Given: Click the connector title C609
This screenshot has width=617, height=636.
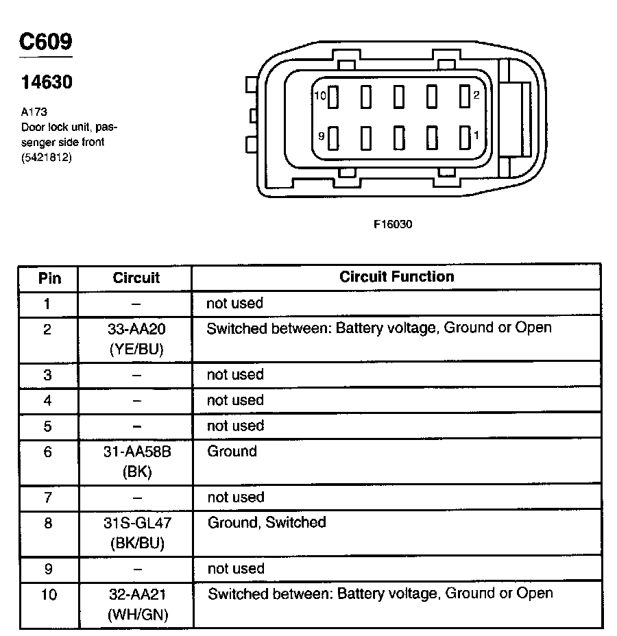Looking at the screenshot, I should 45,42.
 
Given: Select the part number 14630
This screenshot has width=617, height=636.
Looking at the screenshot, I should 47,82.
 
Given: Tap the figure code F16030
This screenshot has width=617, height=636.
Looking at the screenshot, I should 393,224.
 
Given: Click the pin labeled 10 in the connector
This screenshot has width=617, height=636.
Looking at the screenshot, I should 333,97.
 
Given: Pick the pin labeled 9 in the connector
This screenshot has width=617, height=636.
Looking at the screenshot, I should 333,137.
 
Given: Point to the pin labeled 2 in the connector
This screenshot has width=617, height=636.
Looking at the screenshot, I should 464,97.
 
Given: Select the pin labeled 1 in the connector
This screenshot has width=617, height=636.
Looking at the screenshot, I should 464,136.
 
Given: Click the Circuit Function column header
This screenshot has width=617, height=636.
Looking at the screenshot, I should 396,277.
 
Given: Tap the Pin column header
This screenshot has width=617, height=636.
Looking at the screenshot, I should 49,278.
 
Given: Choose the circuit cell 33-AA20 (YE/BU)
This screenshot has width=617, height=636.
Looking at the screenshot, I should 136,339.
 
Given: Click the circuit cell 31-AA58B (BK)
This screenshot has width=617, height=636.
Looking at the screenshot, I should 136,461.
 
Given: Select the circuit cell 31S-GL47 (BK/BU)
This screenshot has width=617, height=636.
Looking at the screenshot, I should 136,533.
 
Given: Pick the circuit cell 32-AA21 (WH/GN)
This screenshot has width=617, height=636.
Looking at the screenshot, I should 136,604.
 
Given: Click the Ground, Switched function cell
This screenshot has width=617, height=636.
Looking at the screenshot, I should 267,523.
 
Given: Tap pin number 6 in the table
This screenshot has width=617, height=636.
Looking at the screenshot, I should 47,452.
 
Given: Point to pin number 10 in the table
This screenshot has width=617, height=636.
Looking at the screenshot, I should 49,594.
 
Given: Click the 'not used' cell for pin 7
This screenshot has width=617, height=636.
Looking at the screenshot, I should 235,498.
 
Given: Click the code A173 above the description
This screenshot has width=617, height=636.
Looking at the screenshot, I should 34,112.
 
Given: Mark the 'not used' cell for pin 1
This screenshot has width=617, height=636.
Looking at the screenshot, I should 235,303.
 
